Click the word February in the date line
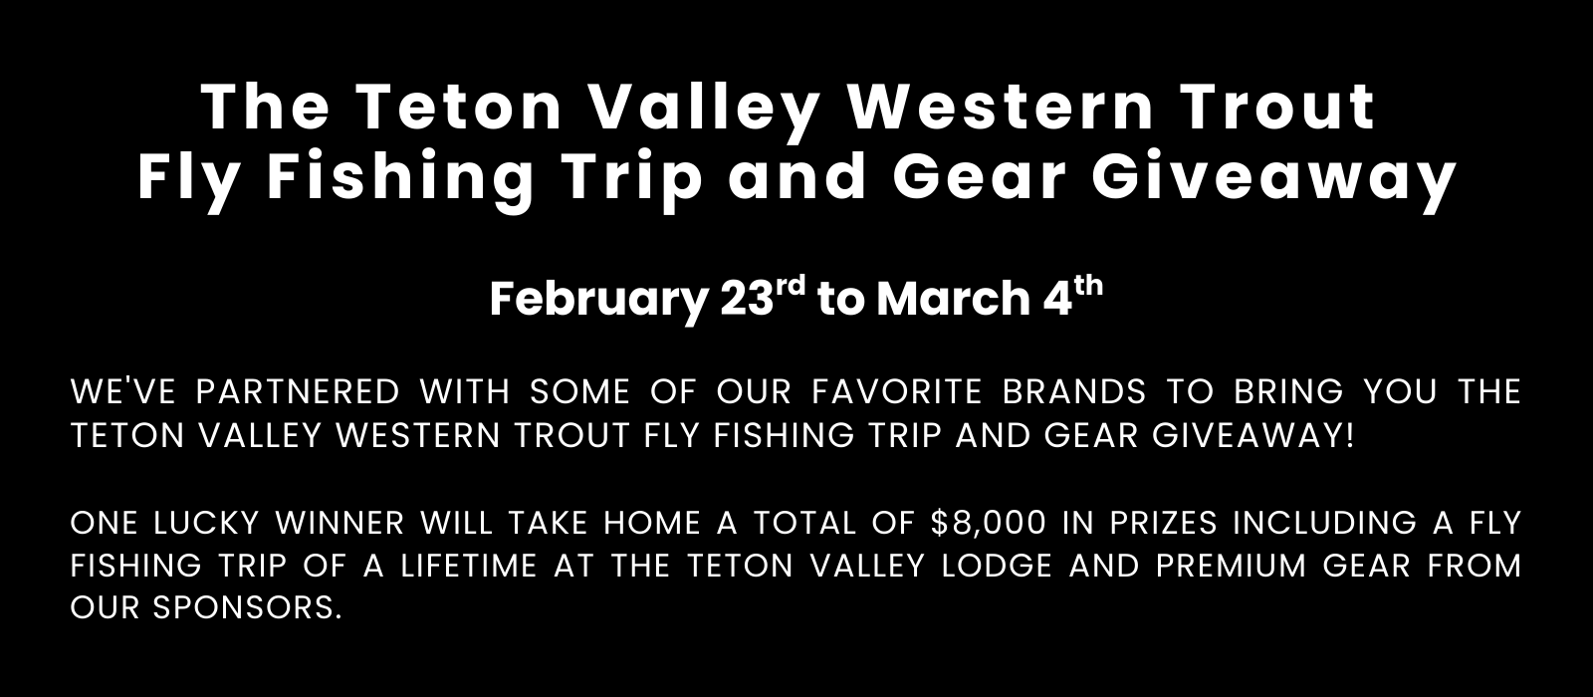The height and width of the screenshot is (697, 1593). pos(598,300)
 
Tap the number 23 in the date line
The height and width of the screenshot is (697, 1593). pos(746,299)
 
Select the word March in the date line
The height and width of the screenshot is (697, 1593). pos(954,299)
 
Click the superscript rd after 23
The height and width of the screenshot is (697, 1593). pos(791,286)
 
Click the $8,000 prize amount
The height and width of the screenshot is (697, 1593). pos(988,524)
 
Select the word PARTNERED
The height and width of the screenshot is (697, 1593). pos(298,392)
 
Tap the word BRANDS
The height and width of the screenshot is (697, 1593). pos(1074,392)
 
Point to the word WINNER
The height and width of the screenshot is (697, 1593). pos(340,524)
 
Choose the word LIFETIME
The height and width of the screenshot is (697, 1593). pos(469,567)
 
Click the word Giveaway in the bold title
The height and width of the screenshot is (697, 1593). pos(1273,178)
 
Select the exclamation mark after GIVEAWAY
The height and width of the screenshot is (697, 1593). pos(1350,435)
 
